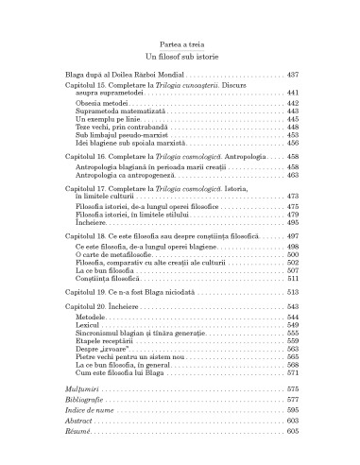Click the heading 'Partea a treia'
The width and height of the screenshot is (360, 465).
(180, 43)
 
